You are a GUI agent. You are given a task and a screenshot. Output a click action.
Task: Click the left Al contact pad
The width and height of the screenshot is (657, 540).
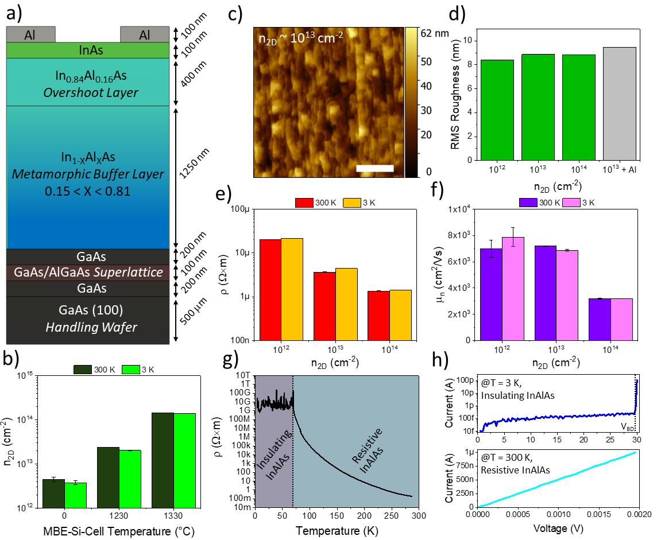30,34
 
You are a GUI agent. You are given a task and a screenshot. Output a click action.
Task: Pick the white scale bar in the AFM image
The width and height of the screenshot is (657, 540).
374,168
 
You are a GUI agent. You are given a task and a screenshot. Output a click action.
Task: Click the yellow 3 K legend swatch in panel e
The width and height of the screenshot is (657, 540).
351,202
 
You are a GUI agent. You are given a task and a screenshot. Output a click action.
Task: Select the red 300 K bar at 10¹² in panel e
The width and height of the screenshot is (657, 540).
270,289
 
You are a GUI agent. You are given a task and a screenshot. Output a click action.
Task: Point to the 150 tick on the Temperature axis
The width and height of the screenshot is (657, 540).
336,516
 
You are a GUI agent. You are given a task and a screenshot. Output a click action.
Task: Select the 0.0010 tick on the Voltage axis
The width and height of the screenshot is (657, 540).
557,516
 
